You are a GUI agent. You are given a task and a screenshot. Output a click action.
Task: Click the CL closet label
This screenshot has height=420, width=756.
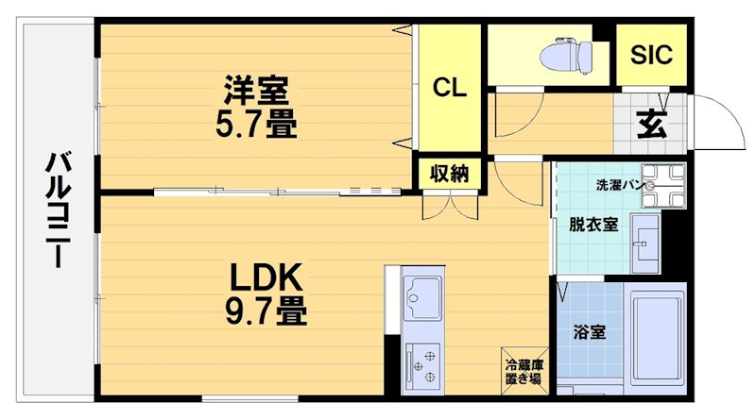[x=450, y=88]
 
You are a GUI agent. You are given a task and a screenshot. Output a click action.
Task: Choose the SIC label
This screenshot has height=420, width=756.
[x=652, y=54]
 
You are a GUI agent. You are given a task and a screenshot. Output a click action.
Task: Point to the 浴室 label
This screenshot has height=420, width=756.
[x=591, y=332]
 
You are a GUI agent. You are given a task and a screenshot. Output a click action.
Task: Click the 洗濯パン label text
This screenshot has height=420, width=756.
[x=619, y=185]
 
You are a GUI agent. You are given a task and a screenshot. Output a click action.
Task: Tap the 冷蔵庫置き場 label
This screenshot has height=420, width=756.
[x=523, y=372]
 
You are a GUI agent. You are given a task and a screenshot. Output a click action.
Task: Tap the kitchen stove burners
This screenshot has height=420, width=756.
[x=422, y=363]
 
